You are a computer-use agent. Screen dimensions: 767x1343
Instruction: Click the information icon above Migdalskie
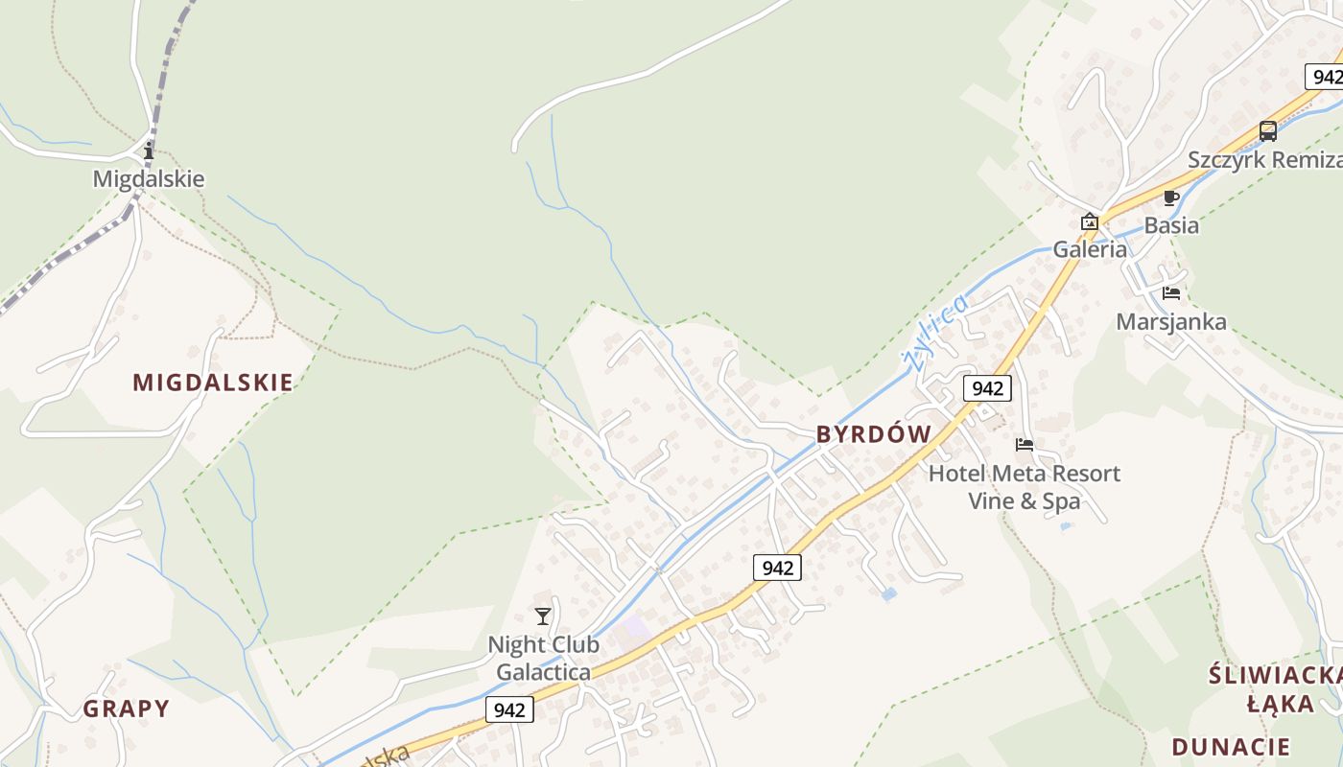(148, 151)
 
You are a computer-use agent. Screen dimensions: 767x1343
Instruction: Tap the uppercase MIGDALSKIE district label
(213, 383)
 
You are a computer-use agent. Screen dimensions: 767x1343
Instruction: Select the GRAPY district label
(126, 709)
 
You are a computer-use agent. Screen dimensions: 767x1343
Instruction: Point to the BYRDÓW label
(873, 434)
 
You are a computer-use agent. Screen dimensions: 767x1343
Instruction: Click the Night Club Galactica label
(544, 658)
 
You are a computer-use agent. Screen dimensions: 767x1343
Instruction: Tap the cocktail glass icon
(543, 616)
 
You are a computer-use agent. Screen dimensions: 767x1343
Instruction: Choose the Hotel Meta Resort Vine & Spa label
(1024, 487)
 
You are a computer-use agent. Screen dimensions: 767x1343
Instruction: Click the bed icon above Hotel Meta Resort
(1025, 445)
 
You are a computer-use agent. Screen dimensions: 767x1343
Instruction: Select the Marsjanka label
(1170, 321)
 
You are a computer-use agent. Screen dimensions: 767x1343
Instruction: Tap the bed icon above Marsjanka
(1170, 292)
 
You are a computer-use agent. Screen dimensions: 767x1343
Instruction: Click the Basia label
(1171, 225)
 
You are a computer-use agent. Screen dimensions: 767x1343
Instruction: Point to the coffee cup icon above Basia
(1170, 198)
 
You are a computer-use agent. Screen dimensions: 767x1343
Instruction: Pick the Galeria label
(1090, 249)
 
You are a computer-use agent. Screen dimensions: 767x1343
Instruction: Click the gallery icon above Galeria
(1089, 222)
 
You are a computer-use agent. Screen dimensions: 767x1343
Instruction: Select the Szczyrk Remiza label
(1264, 159)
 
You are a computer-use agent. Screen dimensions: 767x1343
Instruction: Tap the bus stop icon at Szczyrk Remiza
(1268, 131)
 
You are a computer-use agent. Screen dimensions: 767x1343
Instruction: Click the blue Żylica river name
(934, 333)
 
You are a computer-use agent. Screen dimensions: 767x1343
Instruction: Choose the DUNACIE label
(1231, 747)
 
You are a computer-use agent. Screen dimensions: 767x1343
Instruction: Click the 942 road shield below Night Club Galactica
(509, 709)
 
